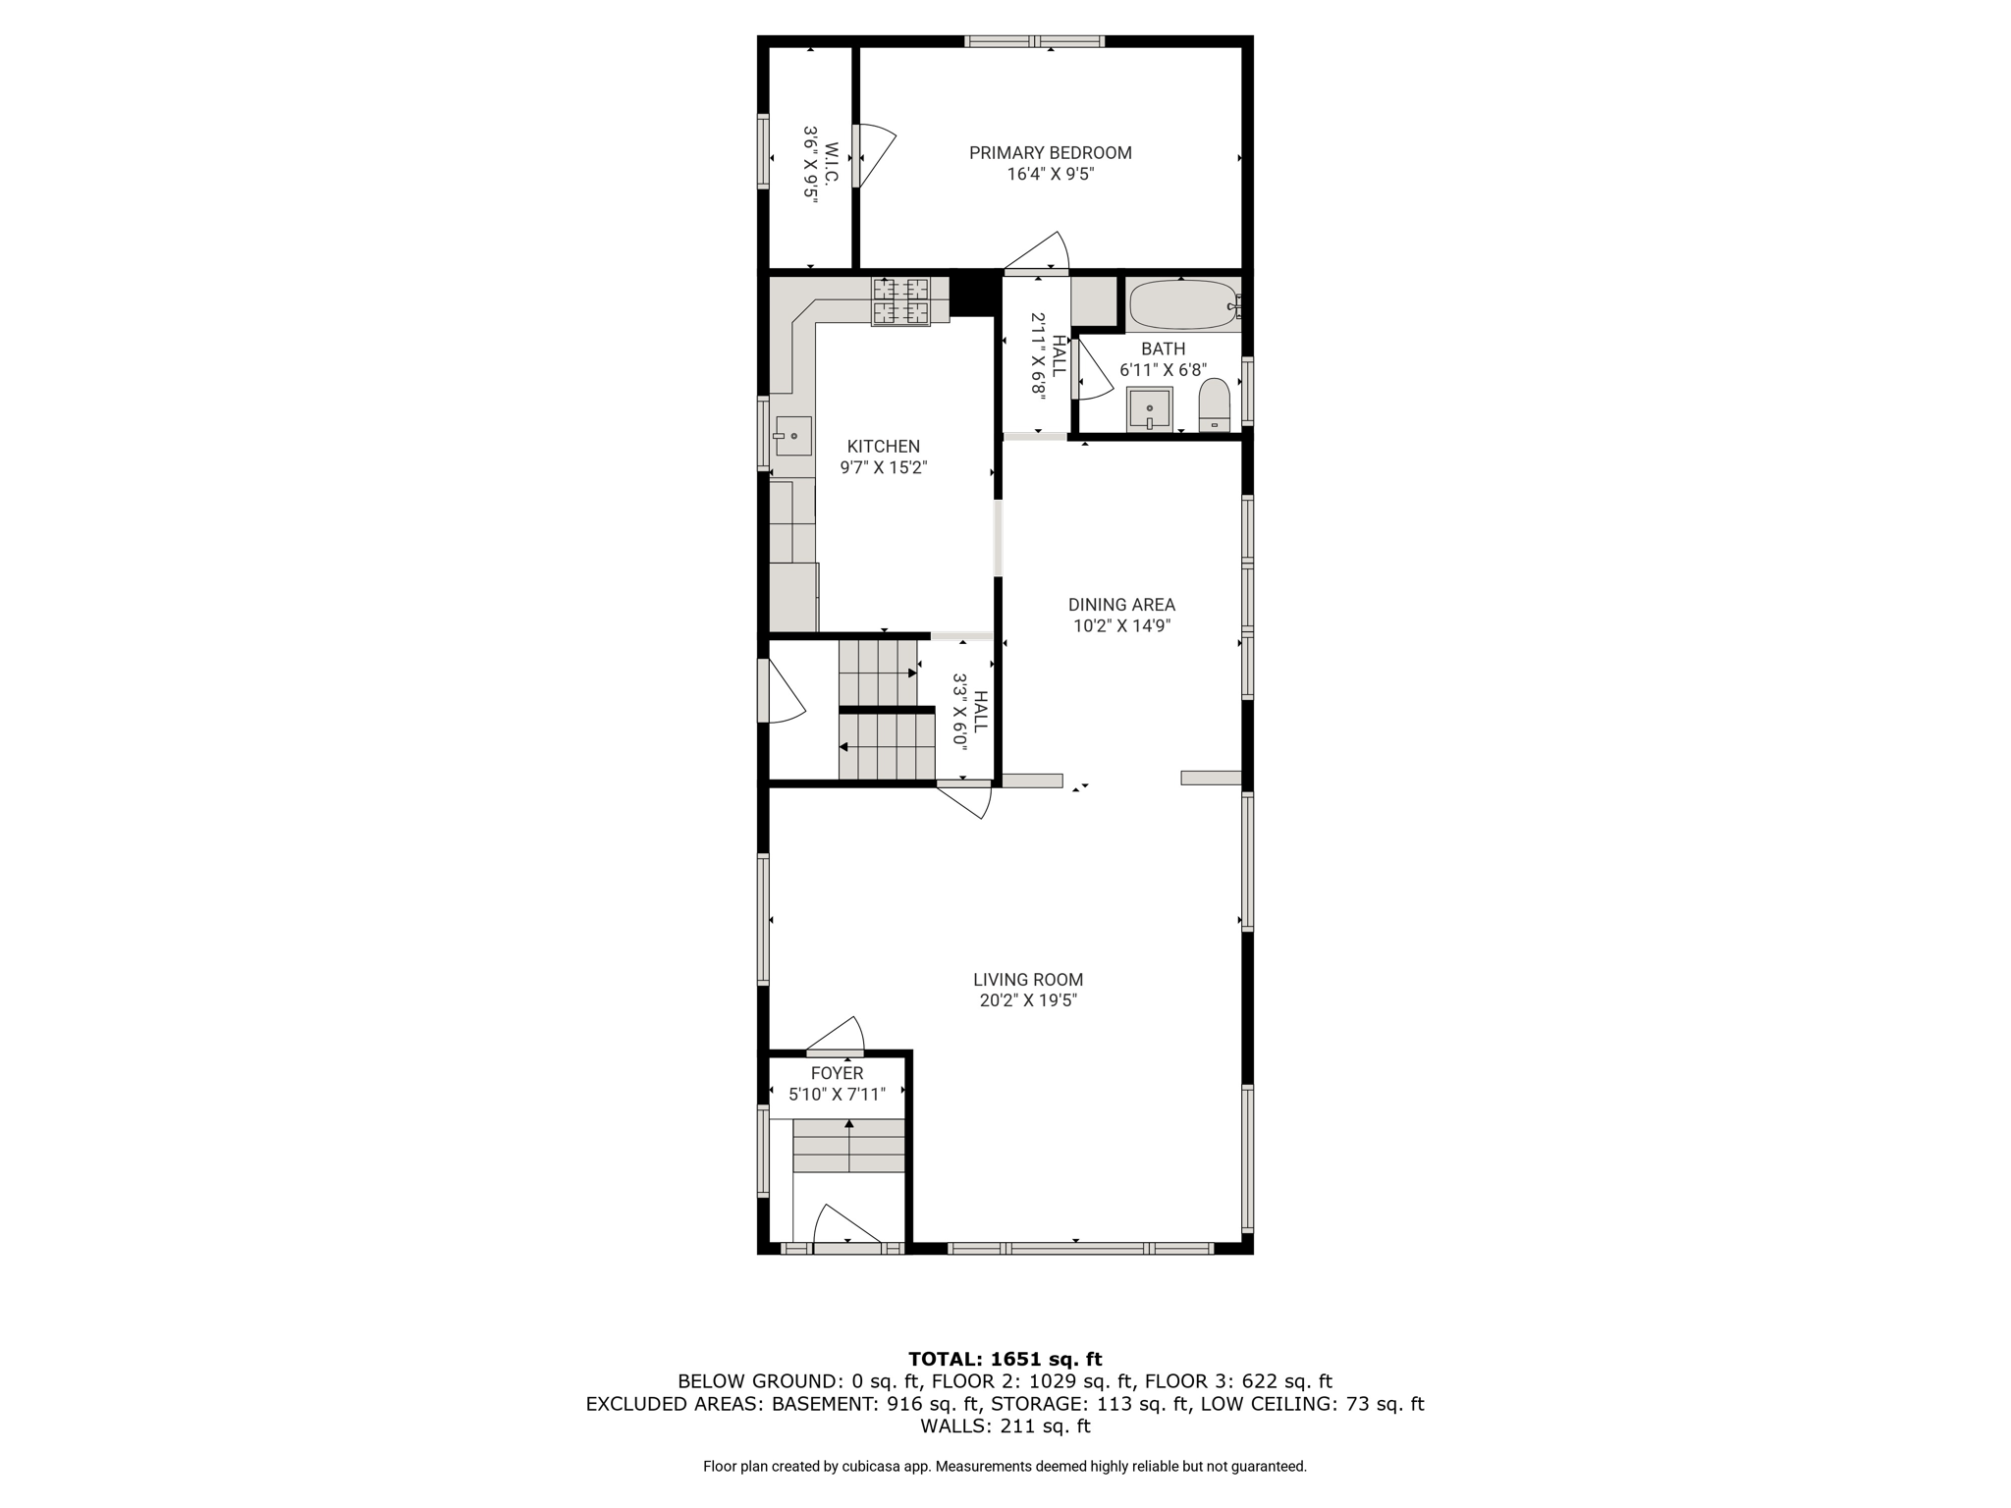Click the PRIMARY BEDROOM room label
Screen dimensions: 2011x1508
1050,153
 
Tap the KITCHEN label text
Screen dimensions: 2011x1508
884,447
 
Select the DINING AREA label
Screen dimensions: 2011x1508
1121,605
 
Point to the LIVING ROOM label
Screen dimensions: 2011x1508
1028,980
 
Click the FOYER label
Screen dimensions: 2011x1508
837,1074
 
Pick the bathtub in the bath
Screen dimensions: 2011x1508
1183,305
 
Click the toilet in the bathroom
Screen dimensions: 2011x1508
1215,405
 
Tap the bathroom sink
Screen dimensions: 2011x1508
1149,408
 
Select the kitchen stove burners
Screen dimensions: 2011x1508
900,301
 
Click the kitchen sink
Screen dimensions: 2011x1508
793,436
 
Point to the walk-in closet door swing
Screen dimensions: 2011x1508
874,155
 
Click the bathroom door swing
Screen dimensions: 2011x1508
1091,370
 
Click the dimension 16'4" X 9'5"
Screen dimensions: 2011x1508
1051,175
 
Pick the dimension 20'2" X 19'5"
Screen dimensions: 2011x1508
1028,1001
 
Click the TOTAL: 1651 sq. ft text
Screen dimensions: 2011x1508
1005,1359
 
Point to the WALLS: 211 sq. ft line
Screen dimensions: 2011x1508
1005,1426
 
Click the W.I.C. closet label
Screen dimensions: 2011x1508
831,163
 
